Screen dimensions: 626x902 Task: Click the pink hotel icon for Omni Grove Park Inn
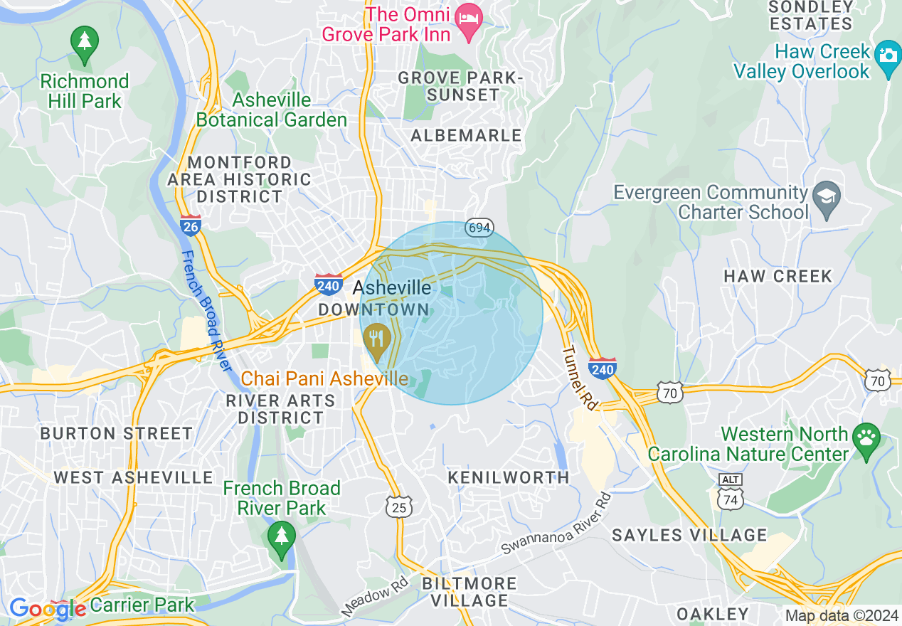coord(469,15)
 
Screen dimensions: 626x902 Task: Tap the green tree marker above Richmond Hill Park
coord(85,41)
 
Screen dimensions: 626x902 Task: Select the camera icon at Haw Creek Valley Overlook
coord(887,54)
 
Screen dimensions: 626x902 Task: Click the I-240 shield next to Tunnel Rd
coord(602,368)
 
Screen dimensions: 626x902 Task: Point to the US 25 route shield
coord(399,506)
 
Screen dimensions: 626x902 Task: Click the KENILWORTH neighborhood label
coord(509,477)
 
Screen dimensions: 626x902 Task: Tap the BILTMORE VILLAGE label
coord(469,592)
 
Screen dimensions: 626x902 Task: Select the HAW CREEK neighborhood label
coord(778,276)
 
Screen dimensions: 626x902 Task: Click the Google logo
coord(47,608)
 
